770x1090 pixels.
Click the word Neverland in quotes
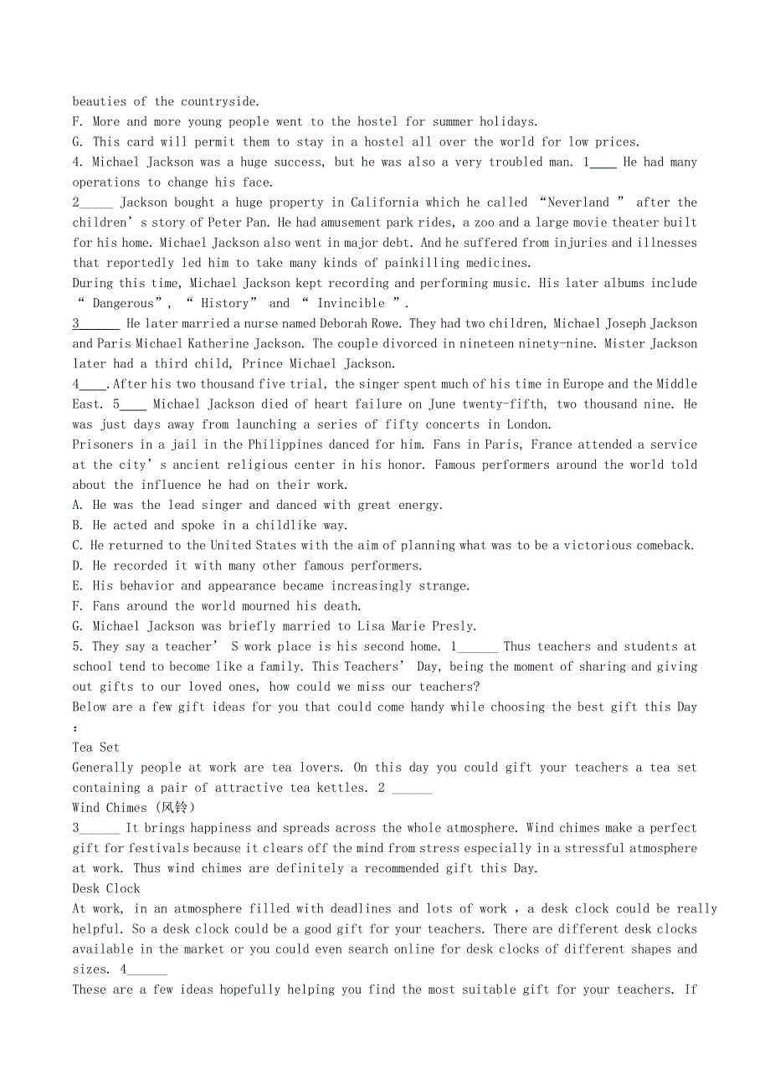pos(578,203)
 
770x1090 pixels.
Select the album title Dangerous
pos(123,303)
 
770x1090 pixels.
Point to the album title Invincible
pos(351,303)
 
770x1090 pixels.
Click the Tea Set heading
pos(95,748)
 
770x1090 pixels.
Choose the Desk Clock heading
pos(106,888)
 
